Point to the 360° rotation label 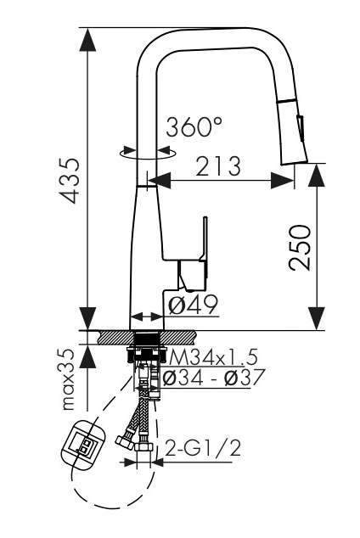[x=194, y=128]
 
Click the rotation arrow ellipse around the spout [x=148, y=154]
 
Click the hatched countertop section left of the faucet [x=114, y=337]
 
